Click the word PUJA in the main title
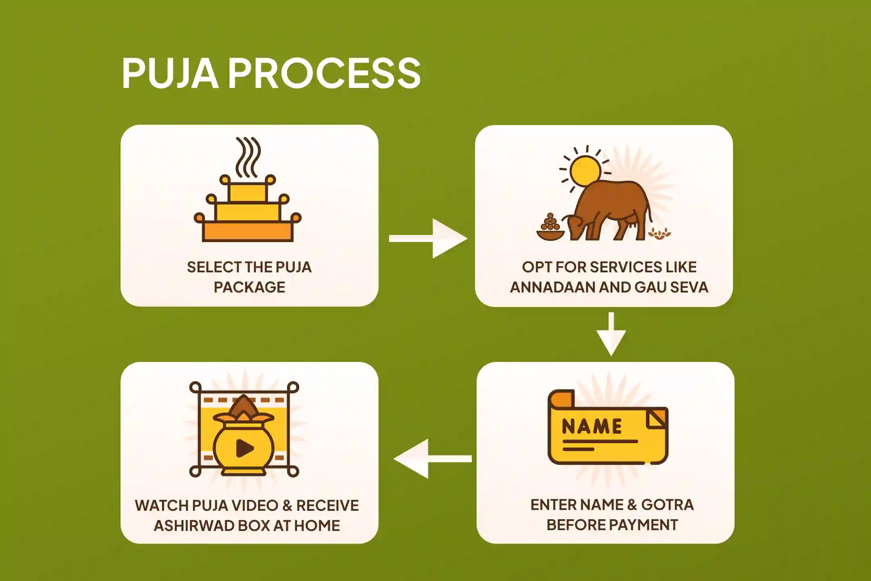click(170, 73)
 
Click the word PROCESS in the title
click(325, 73)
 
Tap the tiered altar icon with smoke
click(248, 210)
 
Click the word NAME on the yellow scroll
click(592, 427)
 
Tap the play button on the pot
click(244, 448)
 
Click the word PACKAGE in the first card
click(249, 287)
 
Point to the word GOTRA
click(667, 505)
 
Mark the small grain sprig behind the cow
click(659, 233)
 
